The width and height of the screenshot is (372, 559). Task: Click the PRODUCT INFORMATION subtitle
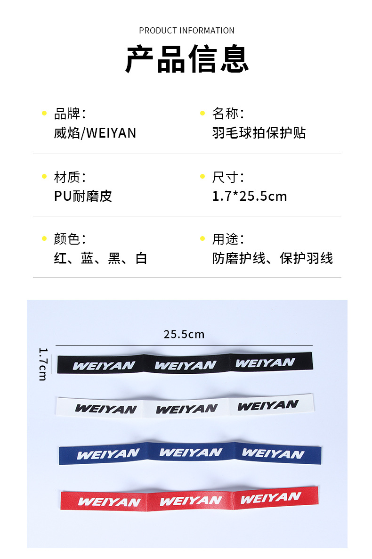[186, 31]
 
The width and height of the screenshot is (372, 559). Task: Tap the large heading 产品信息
[187, 60]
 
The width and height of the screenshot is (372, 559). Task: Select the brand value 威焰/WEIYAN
[95, 133]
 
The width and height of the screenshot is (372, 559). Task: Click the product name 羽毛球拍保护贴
[259, 133]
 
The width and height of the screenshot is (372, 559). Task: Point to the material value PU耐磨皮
[83, 196]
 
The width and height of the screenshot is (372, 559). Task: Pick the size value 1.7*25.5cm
[250, 196]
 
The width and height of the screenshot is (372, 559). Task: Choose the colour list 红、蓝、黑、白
[101, 258]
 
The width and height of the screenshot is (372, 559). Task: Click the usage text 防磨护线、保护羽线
[273, 258]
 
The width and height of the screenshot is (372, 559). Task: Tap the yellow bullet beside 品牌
[44, 113]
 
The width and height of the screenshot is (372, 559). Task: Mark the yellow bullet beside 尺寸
[202, 177]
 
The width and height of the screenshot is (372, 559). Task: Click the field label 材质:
[70, 177]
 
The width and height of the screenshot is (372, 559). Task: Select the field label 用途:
[228, 239]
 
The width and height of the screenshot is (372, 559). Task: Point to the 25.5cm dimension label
[184, 335]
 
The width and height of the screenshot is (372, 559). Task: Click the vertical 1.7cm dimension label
[42, 364]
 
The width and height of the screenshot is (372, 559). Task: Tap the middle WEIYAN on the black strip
[186, 365]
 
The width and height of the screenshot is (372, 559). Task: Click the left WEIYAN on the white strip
[106, 409]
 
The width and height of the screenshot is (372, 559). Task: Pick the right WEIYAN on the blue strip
[273, 454]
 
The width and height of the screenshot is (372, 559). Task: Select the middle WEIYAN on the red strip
[191, 501]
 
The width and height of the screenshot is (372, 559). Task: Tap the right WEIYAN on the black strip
[265, 363]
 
